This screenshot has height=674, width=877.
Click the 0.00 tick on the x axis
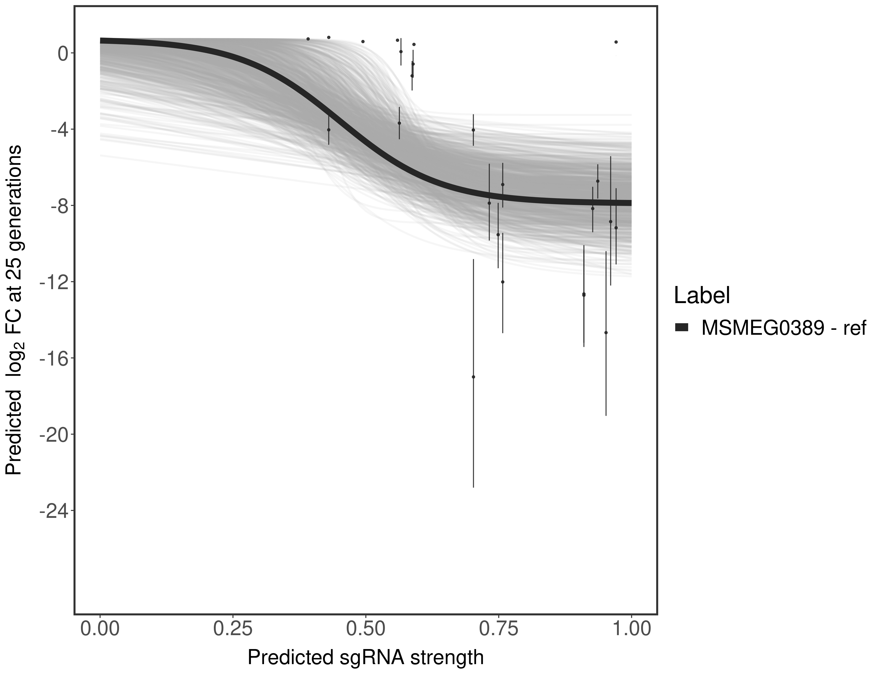coord(100,628)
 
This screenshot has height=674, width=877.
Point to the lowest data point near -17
coord(473,377)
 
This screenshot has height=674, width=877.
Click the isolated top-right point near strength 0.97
coord(616,42)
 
